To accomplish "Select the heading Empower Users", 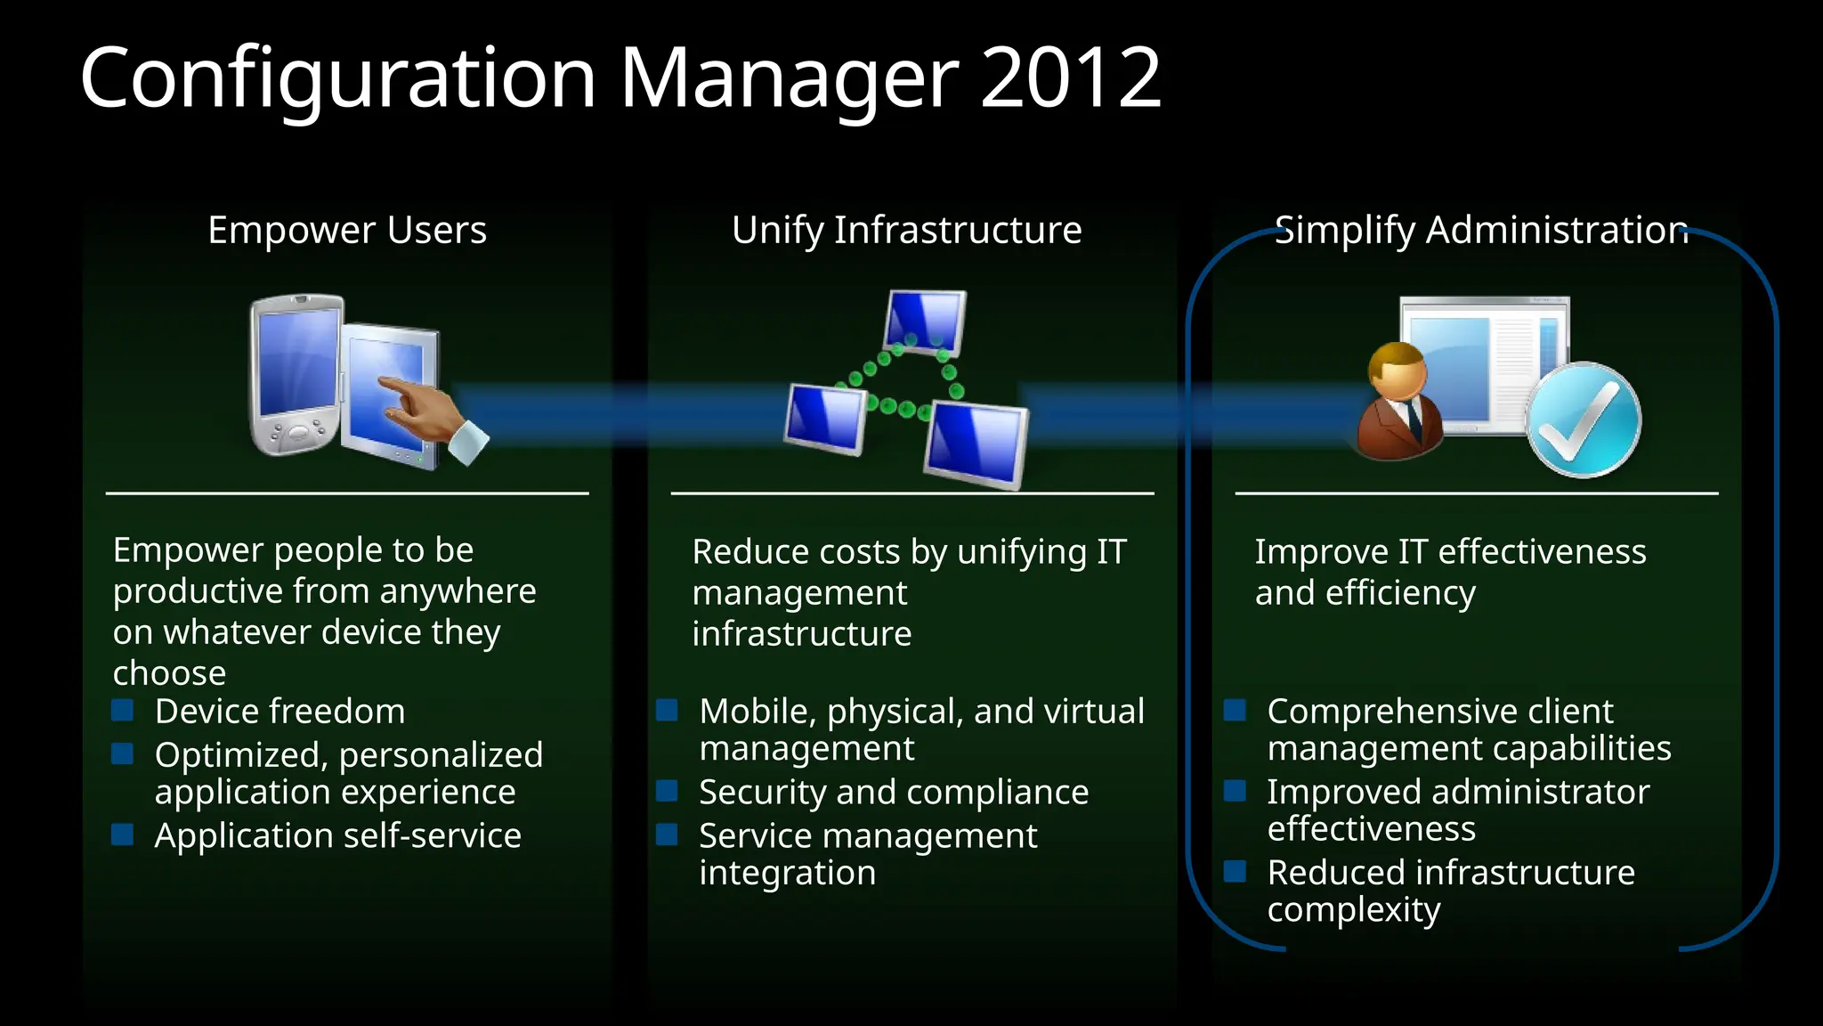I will click(347, 230).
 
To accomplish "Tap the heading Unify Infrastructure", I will click(906, 230).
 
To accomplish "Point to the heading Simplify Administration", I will click(1481, 230).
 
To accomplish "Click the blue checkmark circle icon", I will click(1584, 419).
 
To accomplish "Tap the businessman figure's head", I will click(1398, 372).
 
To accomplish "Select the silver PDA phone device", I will click(296, 374).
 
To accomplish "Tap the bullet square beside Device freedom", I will click(123, 710).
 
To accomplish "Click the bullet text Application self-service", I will click(337, 835).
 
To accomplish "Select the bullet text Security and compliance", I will click(894, 792).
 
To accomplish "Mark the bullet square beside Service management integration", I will click(667, 835).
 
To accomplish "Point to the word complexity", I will click(1353, 910).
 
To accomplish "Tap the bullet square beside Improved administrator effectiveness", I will click(1235, 791).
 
